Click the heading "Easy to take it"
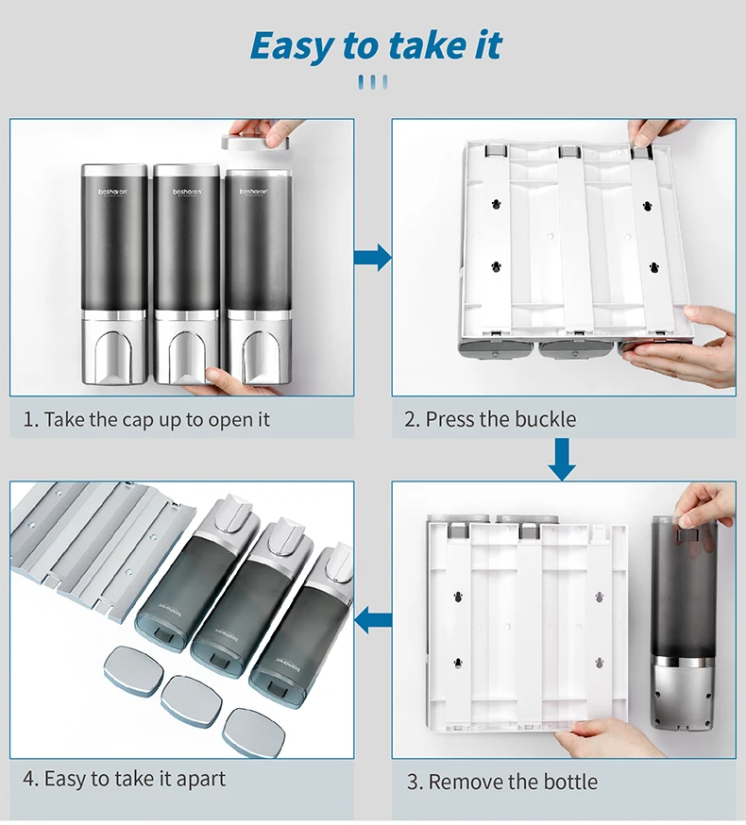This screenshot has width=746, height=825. click(375, 45)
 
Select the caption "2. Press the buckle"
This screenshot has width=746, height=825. click(490, 419)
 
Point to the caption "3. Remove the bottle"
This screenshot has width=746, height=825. click(502, 782)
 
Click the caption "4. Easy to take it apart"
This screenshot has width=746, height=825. click(124, 779)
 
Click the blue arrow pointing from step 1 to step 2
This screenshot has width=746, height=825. click(373, 256)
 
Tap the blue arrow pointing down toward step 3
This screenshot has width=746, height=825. click(563, 459)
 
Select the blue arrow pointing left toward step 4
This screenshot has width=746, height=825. click(374, 620)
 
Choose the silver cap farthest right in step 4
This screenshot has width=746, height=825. click(251, 729)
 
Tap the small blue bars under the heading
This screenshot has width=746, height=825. click(373, 82)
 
